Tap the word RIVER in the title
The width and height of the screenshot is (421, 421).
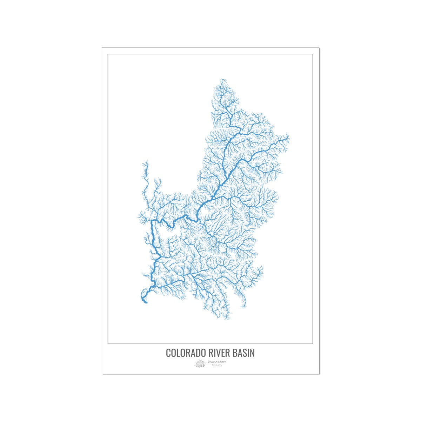point(218,353)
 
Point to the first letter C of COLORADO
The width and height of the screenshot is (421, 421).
point(168,353)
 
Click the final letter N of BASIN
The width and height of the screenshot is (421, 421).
point(252,353)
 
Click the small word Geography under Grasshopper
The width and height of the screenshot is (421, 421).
point(216,365)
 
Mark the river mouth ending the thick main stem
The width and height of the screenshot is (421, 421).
point(146,302)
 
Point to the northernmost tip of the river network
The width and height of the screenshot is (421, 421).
point(221,80)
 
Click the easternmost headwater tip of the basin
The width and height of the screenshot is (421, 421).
point(289,138)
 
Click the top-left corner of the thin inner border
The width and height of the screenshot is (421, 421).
point(108,54)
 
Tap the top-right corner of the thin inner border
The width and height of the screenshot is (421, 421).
point(313,54)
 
